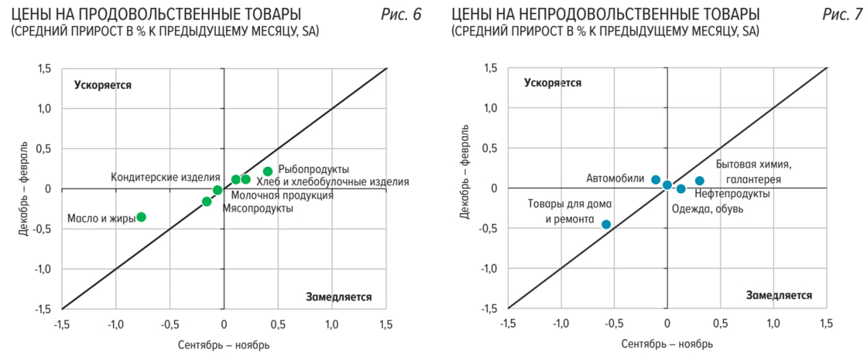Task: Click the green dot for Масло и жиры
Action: pyautogui.click(x=142, y=217)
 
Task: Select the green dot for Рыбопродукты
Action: pyautogui.click(x=268, y=171)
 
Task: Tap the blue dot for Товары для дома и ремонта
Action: pyautogui.click(x=606, y=224)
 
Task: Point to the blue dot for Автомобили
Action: pyautogui.click(x=656, y=179)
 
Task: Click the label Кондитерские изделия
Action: pyautogui.click(x=165, y=177)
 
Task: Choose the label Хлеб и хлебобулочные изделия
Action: pyautogui.click(x=333, y=182)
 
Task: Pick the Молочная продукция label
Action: pyautogui.click(x=282, y=195)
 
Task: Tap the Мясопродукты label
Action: pyautogui.click(x=258, y=208)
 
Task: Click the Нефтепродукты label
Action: pyautogui.click(x=731, y=194)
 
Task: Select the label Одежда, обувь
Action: pyautogui.click(x=707, y=209)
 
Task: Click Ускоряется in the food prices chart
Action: pyautogui.click(x=103, y=85)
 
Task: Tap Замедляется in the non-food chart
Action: pyautogui.click(x=779, y=295)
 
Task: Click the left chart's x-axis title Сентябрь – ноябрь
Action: pyautogui.click(x=224, y=345)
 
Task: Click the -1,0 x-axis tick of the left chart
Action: pyautogui.click(x=115, y=323)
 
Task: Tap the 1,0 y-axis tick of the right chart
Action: pyautogui.click(x=493, y=108)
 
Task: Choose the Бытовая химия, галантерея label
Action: pyautogui.click(x=749, y=171)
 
